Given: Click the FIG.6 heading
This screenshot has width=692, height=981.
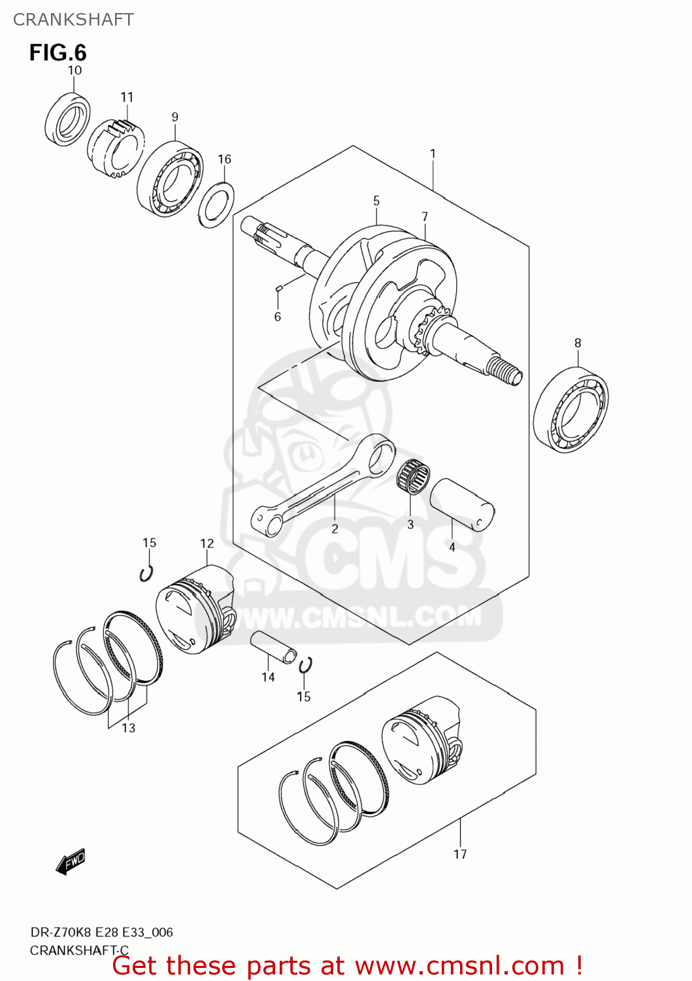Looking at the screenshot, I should [x=58, y=52].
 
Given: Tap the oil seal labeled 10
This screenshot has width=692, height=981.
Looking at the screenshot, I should [x=68, y=120].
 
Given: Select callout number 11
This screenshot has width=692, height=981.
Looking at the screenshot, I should [x=127, y=97].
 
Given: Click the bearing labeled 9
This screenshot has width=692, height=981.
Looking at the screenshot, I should [x=169, y=179].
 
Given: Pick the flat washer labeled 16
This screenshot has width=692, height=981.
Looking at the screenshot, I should [x=216, y=205].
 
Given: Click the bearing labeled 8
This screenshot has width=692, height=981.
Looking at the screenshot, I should [x=570, y=409].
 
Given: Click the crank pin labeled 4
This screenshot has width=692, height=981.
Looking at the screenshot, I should [x=461, y=504].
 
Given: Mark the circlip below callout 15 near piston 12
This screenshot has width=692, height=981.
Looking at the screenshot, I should [x=147, y=574].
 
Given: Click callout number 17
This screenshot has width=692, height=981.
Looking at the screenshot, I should [x=460, y=854].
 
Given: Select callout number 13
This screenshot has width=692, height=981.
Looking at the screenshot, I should [x=128, y=728].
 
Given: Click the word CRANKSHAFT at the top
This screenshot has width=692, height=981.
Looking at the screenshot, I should [x=73, y=20].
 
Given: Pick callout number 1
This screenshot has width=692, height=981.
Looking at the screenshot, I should [x=433, y=154].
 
